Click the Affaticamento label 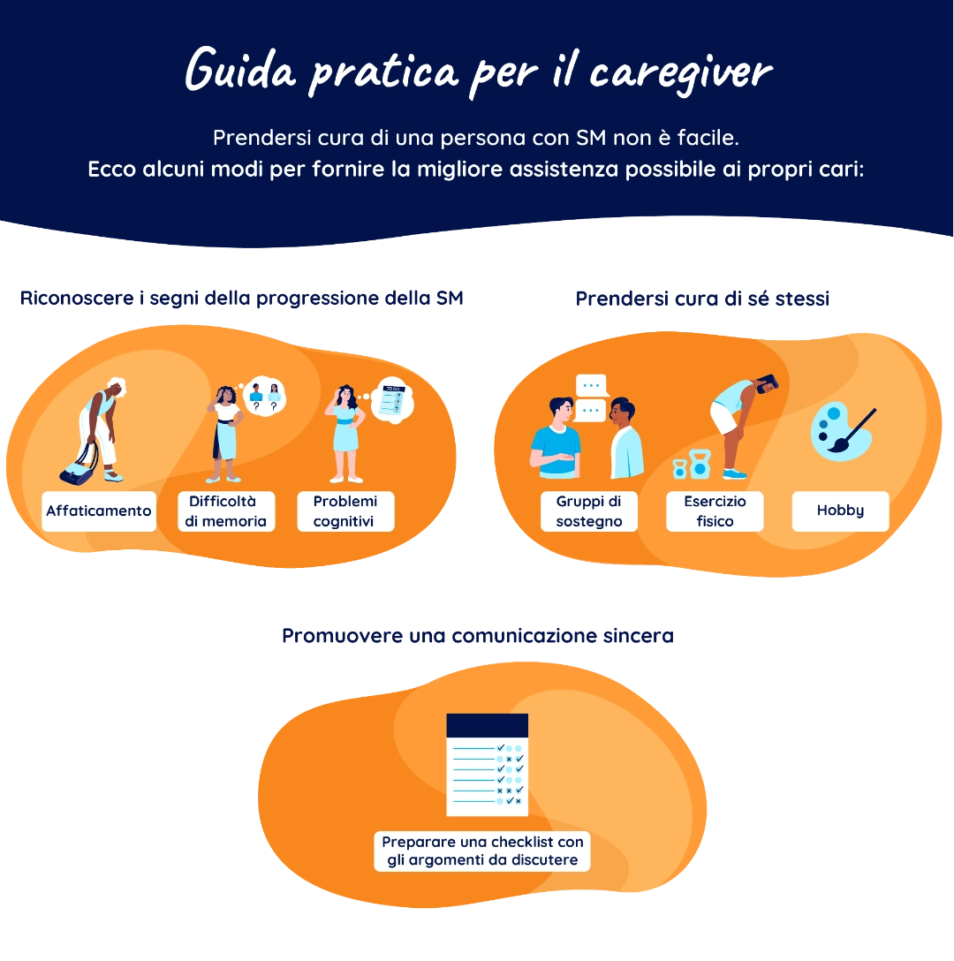click(99, 511)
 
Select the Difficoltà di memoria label click(225, 511)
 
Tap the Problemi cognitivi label click(344, 511)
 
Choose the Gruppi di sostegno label click(589, 511)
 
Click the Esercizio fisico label click(715, 511)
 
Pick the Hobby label click(840, 511)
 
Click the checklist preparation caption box click(482, 851)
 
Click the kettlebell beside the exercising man click(700, 465)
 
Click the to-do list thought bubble click(390, 399)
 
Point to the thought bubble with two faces click(265, 396)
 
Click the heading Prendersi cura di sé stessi click(702, 299)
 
